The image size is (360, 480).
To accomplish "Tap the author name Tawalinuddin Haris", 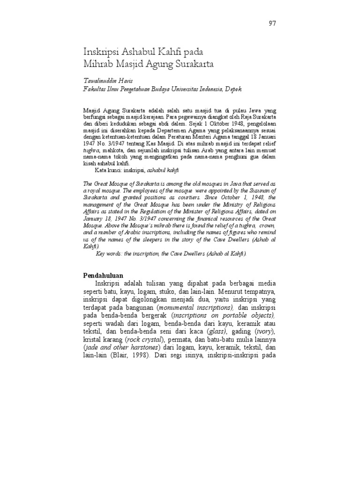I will [x=105, y=81].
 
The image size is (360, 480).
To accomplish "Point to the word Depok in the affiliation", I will [x=234, y=89].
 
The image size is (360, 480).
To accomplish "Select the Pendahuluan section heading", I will [x=103, y=275].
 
